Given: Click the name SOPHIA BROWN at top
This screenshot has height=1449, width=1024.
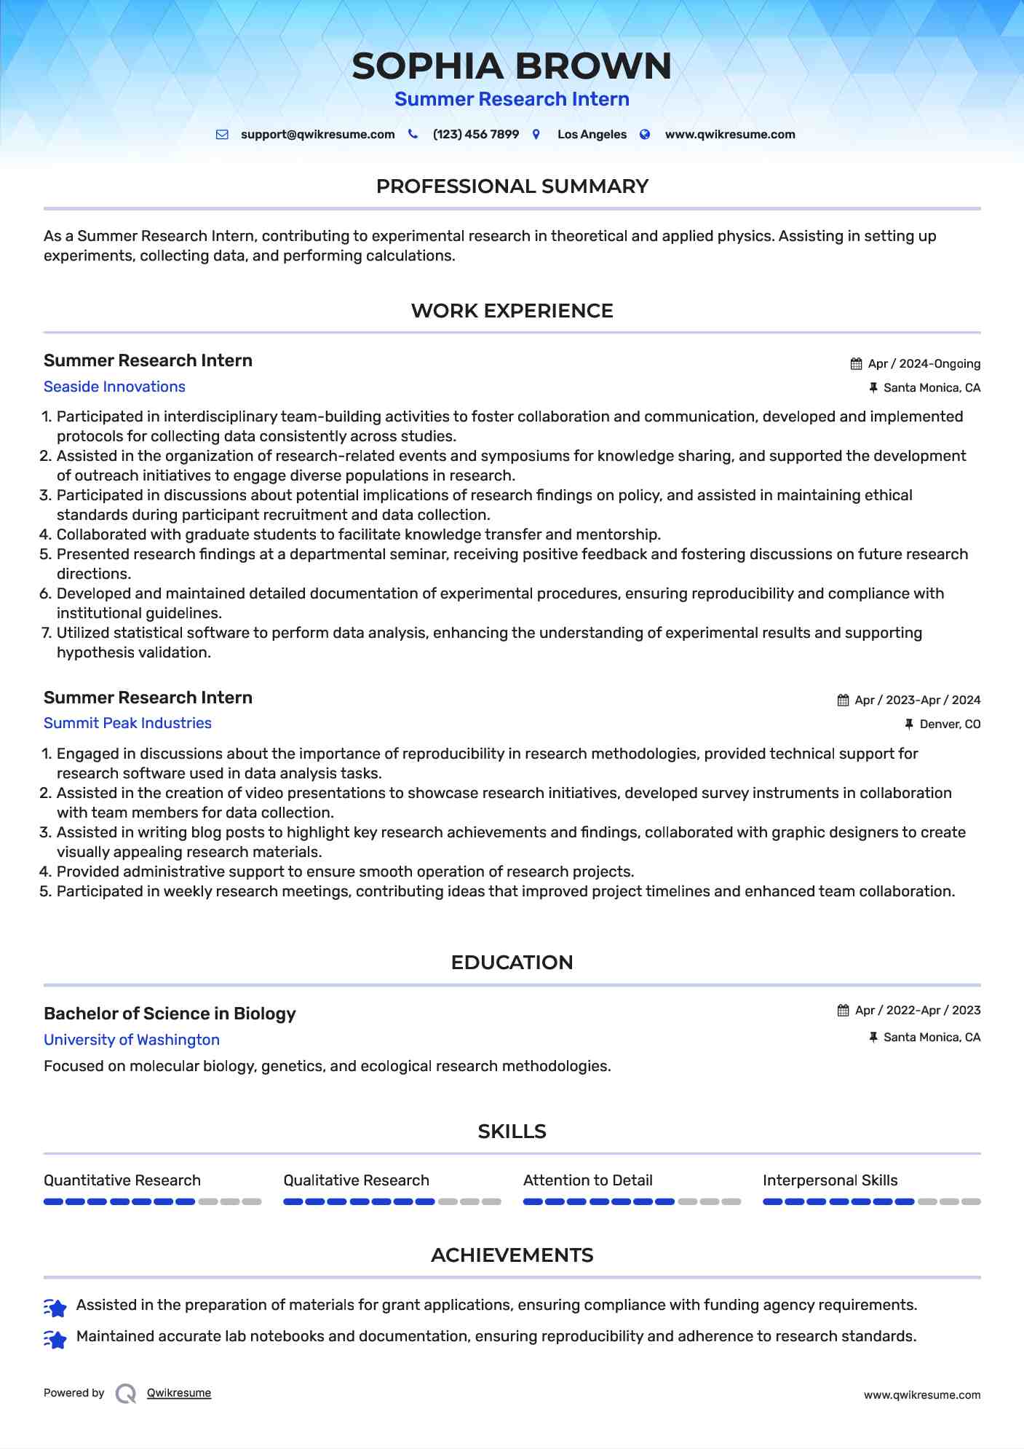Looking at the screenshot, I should click(512, 66).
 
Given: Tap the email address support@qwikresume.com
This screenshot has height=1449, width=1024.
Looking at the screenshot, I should click(317, 135).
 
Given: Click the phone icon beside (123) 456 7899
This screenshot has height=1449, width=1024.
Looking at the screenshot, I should click(413, 134).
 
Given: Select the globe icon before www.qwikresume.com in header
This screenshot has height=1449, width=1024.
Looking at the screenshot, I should click(645, 134).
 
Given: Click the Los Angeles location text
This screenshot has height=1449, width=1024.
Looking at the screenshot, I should click(592, 135).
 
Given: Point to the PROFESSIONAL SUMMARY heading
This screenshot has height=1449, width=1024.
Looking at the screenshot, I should click(512, 186).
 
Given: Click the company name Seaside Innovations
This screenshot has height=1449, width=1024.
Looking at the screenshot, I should click(114, 387).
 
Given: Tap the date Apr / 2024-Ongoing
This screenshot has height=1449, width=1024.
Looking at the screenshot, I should click(924, 364).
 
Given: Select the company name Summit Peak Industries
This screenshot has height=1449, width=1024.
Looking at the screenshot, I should click(127, 723).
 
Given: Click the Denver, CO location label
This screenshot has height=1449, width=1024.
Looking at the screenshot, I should click(950, 724).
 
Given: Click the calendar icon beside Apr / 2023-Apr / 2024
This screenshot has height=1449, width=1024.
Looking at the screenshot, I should click(843, 700).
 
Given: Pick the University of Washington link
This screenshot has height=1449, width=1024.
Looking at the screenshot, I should click(132, 1040).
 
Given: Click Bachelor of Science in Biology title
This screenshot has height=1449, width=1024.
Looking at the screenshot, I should click(170, 1014).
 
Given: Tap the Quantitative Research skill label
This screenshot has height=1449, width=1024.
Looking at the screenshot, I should click(122, 1180).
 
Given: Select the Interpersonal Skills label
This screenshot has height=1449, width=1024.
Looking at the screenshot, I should click(830, 1180).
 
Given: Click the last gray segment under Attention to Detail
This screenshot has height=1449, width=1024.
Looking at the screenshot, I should click(731, 1201).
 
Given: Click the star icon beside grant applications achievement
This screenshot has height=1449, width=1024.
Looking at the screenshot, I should click(55, 1308).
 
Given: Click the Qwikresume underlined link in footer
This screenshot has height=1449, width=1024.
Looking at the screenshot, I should click(179, 1393).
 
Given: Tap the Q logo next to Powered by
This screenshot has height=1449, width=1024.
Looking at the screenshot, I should click(126, 1394).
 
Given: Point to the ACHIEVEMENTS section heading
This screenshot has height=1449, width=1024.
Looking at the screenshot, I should click(512, 1255).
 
